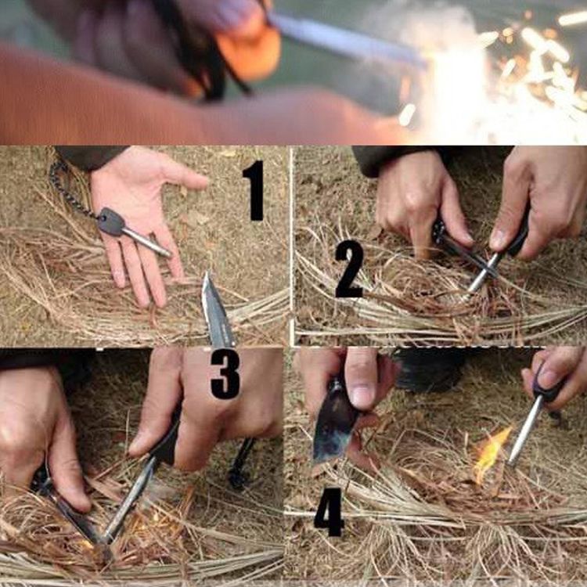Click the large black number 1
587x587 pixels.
pyautogui.click(x=254, y=190)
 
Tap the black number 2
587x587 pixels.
pyautogui.click(x=349, y=268)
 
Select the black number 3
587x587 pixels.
pyautogui.click(x=225, y=373)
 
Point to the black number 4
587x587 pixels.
pyautogui.click(x=330, y=512)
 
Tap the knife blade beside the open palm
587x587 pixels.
pyautogui.click(x=216, y=310)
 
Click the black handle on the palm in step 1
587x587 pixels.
pyautogui.click(x=111, y=221)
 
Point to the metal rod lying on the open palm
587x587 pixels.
pyautogui.click(x=147, y=242)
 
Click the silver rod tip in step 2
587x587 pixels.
pyautogui.click(x=466, y=298)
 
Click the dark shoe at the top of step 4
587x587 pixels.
pyautogui.click(x=430, y=369)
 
